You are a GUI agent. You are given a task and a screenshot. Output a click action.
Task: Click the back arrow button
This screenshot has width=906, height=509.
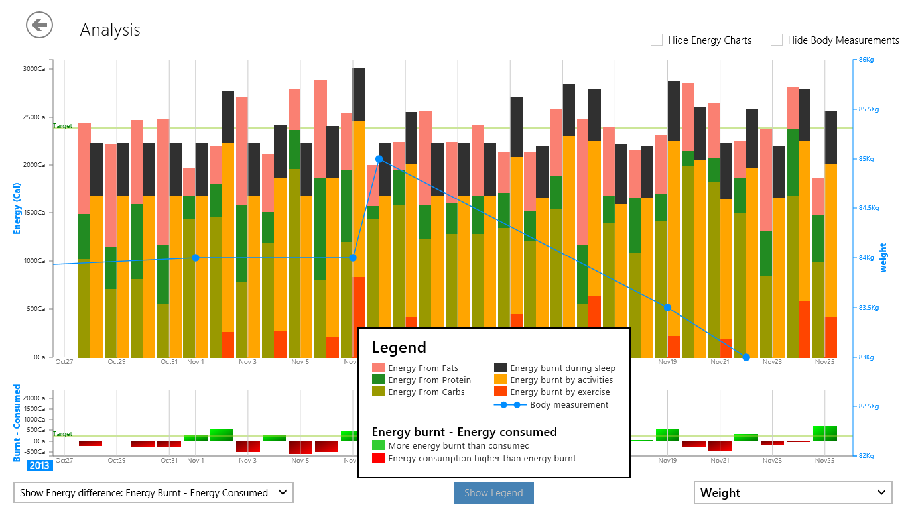tap(39, 25)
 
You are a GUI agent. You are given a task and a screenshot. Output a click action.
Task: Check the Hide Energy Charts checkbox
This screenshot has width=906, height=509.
tap(657, 40)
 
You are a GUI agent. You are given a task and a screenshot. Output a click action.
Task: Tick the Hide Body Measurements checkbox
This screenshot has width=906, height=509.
tap(777, 40)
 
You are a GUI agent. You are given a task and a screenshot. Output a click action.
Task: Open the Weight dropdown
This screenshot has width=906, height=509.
tap(793, 492)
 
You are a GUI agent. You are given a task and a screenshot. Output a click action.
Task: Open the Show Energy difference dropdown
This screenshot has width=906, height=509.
tap(153, 492)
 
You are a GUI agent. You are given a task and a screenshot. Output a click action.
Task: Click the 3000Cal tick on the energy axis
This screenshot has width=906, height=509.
tap(34, 68)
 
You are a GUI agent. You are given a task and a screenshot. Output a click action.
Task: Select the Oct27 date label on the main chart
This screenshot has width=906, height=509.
tap(64, 362)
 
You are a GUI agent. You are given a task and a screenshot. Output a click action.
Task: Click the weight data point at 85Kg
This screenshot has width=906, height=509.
tap(379, 159)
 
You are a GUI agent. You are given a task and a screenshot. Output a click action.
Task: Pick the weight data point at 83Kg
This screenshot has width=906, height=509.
tap(746, 357)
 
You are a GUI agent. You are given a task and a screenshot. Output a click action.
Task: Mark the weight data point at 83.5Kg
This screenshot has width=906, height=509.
tap(668, 308)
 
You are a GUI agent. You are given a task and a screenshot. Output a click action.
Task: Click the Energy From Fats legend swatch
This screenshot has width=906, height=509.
tap(378, 368)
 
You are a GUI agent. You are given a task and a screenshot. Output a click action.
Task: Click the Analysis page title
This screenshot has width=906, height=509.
tap(110, 30)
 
